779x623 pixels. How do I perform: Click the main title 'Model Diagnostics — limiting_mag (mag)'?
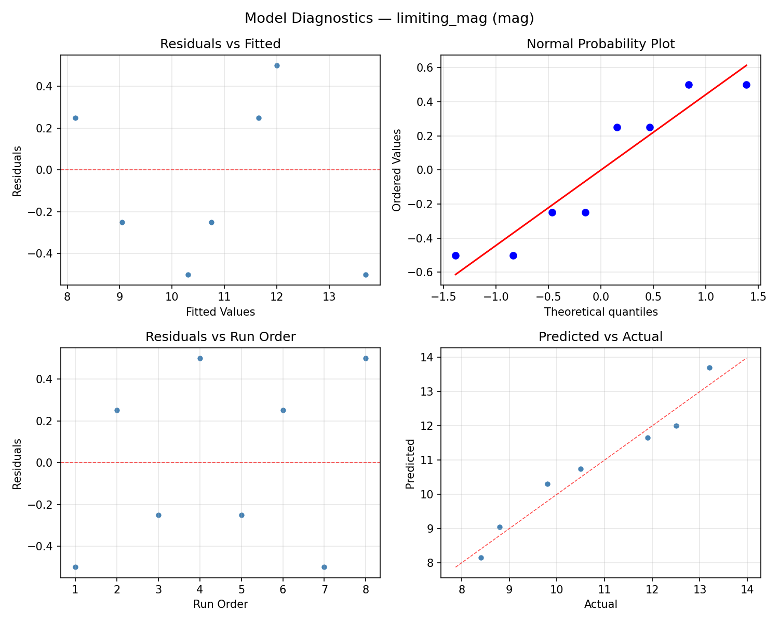coord(389,18)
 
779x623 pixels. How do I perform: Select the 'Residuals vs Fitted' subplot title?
coord(220,44)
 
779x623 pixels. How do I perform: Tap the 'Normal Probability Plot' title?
coord(600,44)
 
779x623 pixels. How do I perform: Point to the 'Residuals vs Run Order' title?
coord(220,337)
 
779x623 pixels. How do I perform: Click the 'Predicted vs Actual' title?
coord(600,337)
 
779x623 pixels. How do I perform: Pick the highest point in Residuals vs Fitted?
coord(277,65)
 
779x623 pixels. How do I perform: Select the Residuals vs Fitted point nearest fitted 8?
coord(75,118)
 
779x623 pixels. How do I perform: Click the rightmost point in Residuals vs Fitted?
coord(366,275)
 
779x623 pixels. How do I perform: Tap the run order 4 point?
coord(200,358)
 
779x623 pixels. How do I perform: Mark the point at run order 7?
coord(324,567)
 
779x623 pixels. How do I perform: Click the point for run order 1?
coord(75,567)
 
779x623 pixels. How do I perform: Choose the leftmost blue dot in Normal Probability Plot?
coord(455,255)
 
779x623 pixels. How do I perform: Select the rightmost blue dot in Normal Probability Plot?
coord(746,85)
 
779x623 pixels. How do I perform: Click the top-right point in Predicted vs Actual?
coord(709,368)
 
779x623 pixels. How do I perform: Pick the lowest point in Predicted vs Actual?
coord(481,558)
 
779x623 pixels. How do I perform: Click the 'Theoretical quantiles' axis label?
coord(600,312)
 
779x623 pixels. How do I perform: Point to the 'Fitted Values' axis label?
coord(220,312)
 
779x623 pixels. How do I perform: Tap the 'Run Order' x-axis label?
coord(220,604)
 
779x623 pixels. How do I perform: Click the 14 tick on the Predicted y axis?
coord(431,357)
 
